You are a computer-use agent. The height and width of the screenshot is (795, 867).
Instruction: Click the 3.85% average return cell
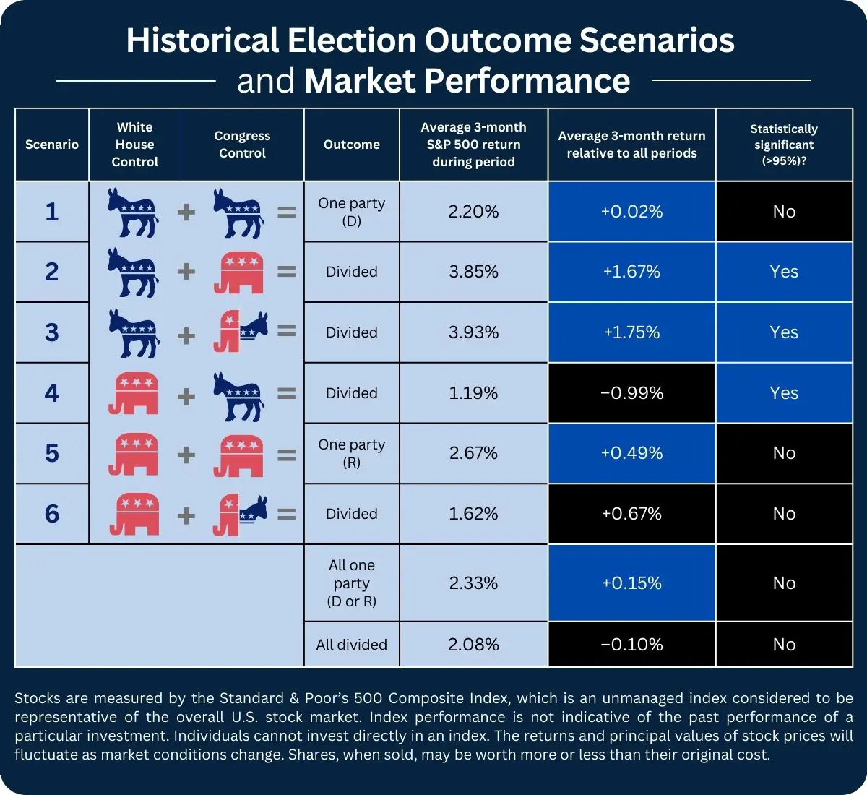tap(473, 272)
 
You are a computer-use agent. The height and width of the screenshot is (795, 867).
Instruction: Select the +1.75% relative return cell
tap(631, 332)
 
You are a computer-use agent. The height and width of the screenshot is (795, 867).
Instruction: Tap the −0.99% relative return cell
tap(631, 393)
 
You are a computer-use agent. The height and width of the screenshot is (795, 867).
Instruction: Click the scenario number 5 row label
tap(51, 453)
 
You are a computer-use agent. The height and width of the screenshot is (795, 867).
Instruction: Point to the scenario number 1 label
tap(51, 212)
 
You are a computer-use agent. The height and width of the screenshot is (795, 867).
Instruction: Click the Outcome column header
tap(351, 145)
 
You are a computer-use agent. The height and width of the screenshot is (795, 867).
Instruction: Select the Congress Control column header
tap(242, 145)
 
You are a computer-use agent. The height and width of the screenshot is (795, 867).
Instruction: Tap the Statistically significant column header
tap(784, 145)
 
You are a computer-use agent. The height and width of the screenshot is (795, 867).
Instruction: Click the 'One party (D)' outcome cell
tap(351, 212)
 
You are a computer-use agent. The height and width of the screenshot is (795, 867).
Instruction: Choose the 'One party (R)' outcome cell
tap(351, 453)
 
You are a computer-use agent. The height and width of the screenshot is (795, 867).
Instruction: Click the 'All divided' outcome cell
tap(351, 645)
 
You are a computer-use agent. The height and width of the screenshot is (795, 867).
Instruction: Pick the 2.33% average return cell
tap(473, 583)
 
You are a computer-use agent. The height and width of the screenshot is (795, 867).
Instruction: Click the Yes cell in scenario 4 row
tap(784, 393)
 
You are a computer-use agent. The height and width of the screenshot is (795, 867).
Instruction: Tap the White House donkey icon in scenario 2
tap(133, 272)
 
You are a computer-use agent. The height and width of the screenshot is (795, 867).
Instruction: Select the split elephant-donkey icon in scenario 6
tap(240, 515)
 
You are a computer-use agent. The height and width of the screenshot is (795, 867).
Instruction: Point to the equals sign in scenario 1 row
tap(287, 212)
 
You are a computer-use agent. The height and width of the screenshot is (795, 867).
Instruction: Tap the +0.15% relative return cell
tap(631, 583)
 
